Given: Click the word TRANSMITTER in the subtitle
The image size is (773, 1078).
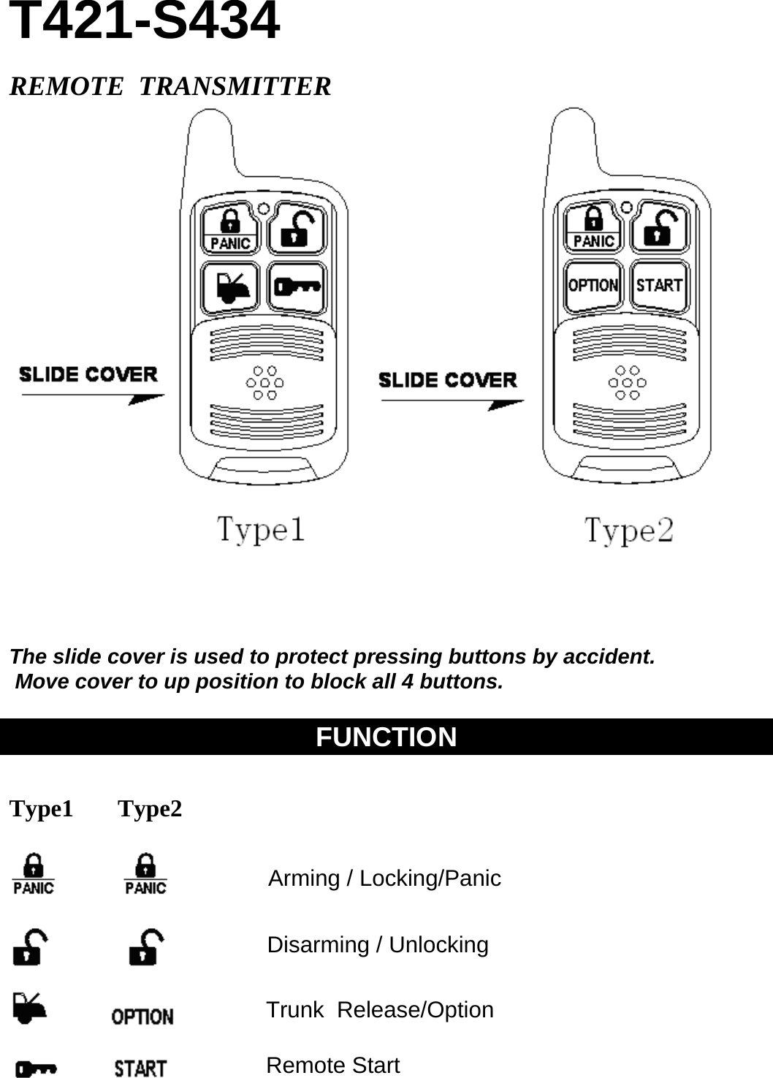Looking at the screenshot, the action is (x=235, y=86).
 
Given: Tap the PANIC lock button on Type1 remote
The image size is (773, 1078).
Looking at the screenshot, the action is (x=230, y=229).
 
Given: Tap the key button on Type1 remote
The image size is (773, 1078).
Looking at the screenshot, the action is (x=297, y=286).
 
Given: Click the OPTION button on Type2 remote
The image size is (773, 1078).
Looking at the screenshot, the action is (x=593, y=285).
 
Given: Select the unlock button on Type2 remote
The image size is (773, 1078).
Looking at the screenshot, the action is (x=659, y=229).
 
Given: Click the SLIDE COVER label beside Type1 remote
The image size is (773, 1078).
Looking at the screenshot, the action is (x=88, y=375).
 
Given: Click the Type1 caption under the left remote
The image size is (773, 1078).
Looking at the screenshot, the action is (x=261, y=529).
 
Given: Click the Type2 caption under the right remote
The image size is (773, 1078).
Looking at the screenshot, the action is (x=628, y=531).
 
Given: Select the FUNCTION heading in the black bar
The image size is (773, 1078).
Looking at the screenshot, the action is (x=386, y=737).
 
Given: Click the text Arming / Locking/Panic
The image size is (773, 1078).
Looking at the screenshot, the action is (x=384, y=878).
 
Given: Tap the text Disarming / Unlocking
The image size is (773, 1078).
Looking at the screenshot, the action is (x=378, y=945).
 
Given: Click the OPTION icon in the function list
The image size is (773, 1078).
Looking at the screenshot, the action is (x=142, y=1017).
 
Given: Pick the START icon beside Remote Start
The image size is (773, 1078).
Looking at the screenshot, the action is (x=140, y=1068).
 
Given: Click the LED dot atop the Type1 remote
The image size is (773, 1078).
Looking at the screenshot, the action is (x=264, y=208).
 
